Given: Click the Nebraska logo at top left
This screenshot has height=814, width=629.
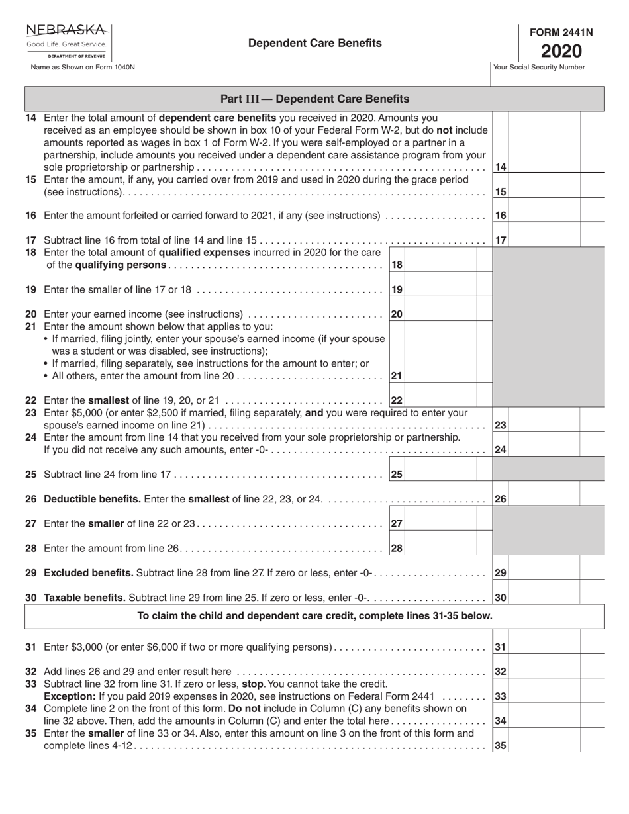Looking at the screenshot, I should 67,41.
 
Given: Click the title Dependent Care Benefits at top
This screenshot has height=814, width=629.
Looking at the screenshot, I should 315,43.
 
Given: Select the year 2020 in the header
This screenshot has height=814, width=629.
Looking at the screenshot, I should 561,51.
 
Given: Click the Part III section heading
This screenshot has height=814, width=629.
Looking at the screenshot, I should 314,99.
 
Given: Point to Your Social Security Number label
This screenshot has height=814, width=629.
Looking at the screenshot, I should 539,67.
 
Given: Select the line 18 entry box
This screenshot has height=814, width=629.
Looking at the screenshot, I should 440,265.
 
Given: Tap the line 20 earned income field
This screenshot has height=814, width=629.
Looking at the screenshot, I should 440,314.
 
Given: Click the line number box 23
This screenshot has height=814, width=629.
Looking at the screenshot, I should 501,426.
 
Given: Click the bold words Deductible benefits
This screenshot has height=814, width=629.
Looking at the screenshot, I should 92,499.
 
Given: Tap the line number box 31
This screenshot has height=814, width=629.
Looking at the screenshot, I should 501,647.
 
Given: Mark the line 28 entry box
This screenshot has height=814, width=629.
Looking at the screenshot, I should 440,548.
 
